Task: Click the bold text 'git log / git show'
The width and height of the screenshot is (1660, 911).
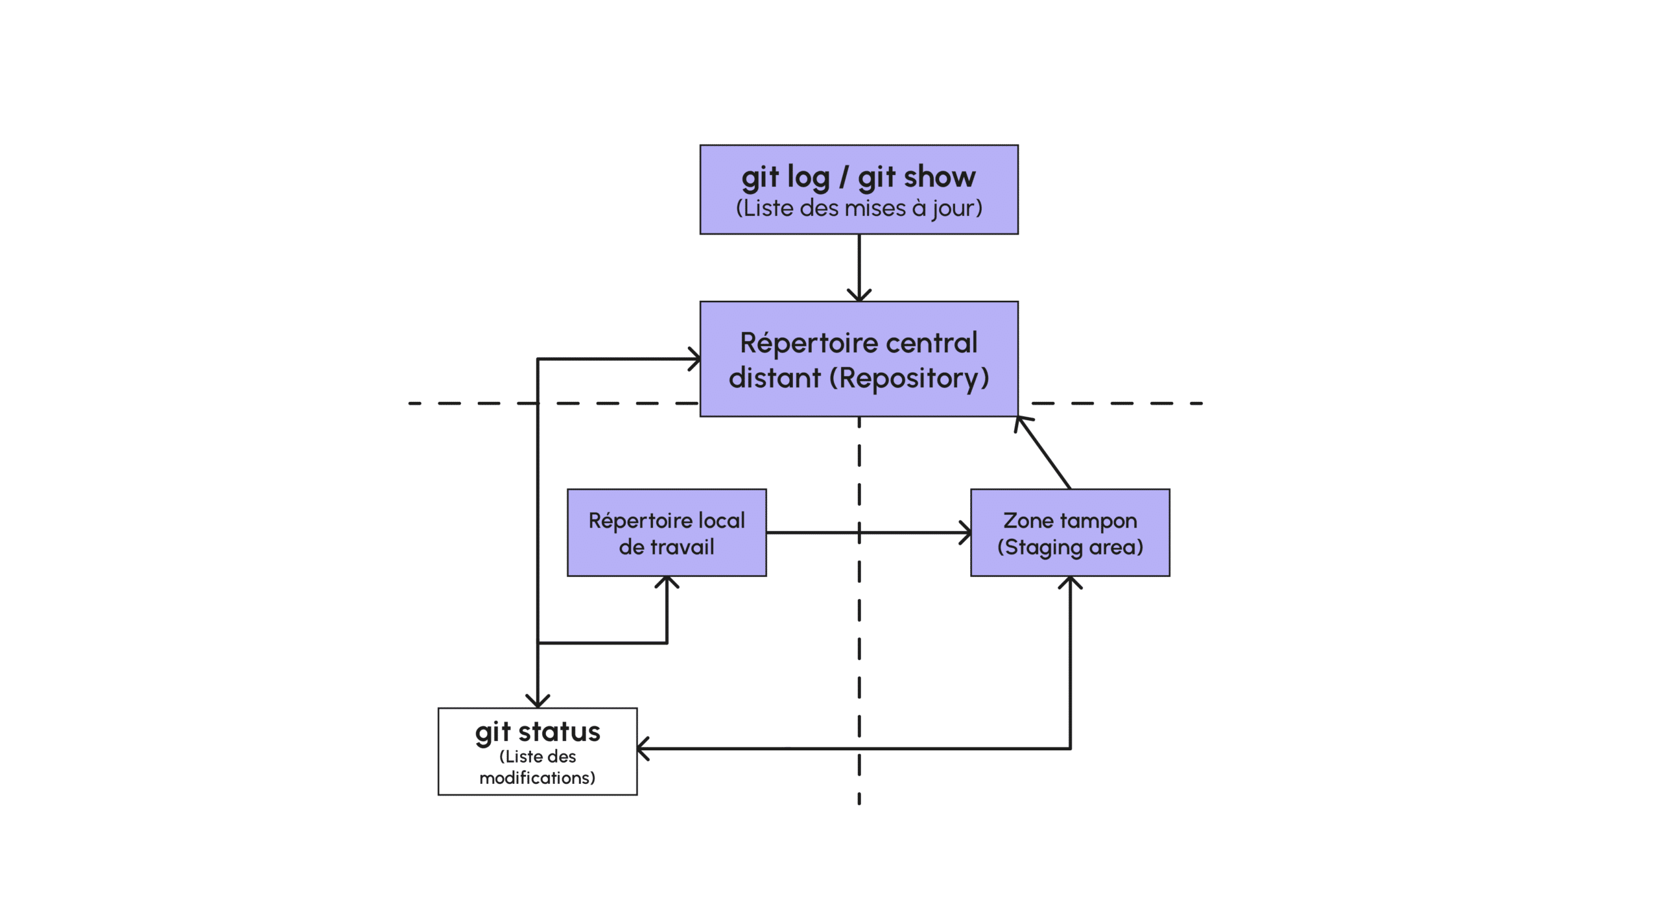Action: (x=858, y=177)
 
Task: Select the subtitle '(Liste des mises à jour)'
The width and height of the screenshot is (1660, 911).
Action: (x=859, y=208)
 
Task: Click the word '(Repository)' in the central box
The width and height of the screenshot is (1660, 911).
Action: (x=909, y=378)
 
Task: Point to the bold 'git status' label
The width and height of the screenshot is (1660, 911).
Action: (x=537, y=731)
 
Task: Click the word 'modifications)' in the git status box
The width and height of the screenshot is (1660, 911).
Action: (x=537, y=777)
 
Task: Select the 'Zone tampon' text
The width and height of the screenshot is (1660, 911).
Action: (x=1069, y=520)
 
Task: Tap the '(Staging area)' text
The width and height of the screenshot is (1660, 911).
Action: (x=1069, y=547)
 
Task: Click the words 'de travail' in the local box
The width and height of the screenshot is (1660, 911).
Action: (x=666, y=547)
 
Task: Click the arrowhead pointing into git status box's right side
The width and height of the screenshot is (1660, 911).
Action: (x=643, y=748)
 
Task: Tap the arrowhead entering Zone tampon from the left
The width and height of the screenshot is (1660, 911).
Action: (x=966, y=532)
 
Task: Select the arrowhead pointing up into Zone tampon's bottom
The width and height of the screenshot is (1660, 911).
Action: (x=1069, y=582)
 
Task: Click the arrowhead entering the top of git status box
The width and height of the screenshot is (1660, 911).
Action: (x=537, y=702)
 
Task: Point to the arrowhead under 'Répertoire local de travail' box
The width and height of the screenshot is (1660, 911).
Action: (x=666, y=582)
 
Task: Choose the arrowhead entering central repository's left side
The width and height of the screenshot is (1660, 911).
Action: (x=695, y=359)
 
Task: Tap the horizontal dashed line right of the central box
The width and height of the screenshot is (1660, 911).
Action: (x=1115, y=403)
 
